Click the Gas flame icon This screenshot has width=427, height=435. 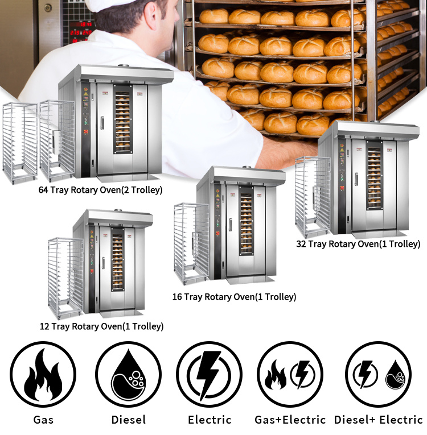click(x=43, y=374)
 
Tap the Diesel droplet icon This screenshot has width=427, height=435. click(x=128, y=374)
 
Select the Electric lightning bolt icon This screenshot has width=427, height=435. click(x=209, y=374)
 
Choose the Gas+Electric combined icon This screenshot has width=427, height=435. click(x=290, y=374)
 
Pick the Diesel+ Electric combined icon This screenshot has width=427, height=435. click(x=379, y=374)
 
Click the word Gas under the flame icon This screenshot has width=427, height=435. click(x=43, y=420)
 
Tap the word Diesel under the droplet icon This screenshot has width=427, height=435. click(x=129, y=420)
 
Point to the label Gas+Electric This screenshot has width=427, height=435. click(x=290, y=420)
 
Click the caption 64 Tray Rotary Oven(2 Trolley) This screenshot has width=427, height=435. click(x=100, y=190)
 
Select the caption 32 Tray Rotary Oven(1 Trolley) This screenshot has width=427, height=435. click(x=358, y=244)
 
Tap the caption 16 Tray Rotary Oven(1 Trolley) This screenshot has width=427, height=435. click(x=234, y=297)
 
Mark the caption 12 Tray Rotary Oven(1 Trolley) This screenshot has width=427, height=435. click(x=101, y=326)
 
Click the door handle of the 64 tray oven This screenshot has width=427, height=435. click(x=102, y=123)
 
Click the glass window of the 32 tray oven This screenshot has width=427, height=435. click(x=374, y=175)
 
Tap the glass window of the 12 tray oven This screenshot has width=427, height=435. click(x=117, y=259)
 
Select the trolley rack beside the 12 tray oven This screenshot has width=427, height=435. click(x=65, y=278)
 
